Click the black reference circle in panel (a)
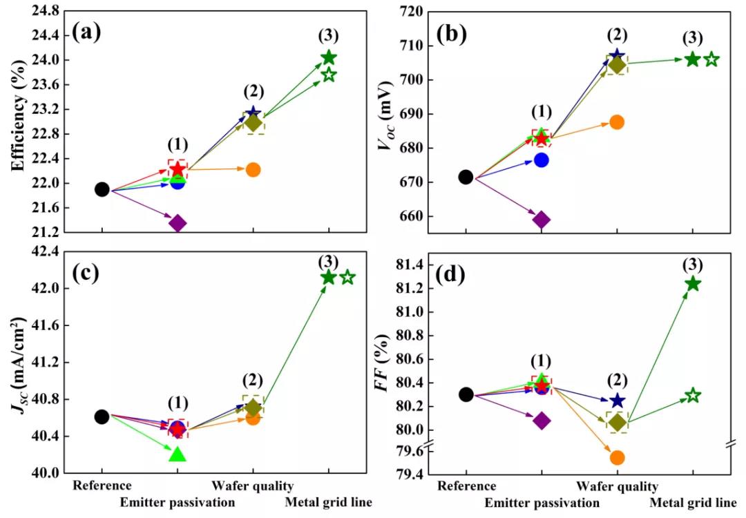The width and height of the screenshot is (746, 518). point(102,189)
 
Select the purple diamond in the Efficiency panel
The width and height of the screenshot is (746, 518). point(178,222)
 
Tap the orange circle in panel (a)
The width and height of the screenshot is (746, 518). point(253,169)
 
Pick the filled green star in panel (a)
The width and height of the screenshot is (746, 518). point(329,57)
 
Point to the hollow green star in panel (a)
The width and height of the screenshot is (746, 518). point(329,75)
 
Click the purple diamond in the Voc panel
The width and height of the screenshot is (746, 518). point(542,220)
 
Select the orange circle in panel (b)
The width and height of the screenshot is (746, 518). point(617,122)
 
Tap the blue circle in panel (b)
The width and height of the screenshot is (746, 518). point(542,160)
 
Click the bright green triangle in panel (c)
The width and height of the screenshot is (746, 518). point(178,454)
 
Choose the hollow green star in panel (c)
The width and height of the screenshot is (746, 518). point(347,277)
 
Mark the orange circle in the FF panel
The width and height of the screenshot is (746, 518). point(617,457)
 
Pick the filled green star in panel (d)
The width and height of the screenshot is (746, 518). point(693,284)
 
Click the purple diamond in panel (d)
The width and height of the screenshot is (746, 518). point(542,421)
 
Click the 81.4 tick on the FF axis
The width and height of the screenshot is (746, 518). point(410,265)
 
